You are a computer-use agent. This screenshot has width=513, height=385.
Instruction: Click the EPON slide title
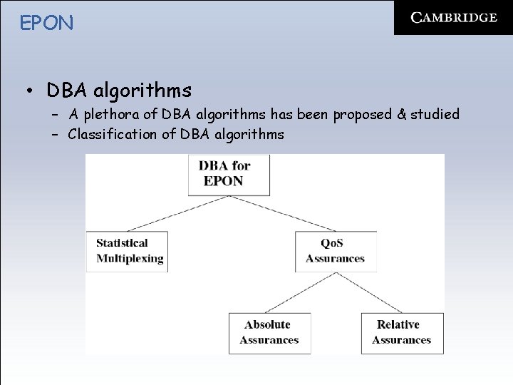tap(47, 23)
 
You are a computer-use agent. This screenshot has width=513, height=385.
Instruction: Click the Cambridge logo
tap(453, 18)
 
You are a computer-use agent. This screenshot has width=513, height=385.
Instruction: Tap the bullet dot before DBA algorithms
tap(29, 91)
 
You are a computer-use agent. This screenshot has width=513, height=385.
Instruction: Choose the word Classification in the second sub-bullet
tap(106, 134)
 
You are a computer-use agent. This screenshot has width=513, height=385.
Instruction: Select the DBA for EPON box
tap(229, 174)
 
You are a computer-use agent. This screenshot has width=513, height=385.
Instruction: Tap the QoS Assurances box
tap(336, 251)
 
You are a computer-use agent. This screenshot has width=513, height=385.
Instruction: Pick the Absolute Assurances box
tap(269, 332)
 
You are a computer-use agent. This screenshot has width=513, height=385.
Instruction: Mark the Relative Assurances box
tap(402, 332)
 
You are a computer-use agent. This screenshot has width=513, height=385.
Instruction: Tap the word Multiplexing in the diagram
tap(130, 258)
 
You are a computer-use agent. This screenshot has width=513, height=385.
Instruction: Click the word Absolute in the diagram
tap(267, 325)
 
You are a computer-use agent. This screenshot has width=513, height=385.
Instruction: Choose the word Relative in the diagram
tap(398, 325)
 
